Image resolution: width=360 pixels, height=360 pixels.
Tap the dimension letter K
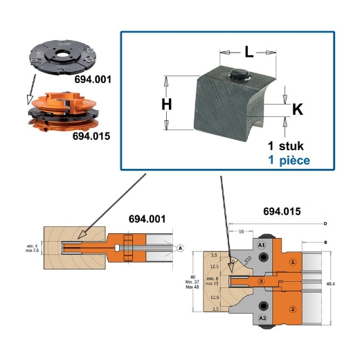tap(297, 109)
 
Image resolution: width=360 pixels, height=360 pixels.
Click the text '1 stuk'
tap(286, 146)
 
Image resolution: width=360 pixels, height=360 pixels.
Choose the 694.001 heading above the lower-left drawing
tap(147, 219)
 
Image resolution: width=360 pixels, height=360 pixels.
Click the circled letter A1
tap(262, 246)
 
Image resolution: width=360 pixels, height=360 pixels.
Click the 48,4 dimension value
tap(340, 284)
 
